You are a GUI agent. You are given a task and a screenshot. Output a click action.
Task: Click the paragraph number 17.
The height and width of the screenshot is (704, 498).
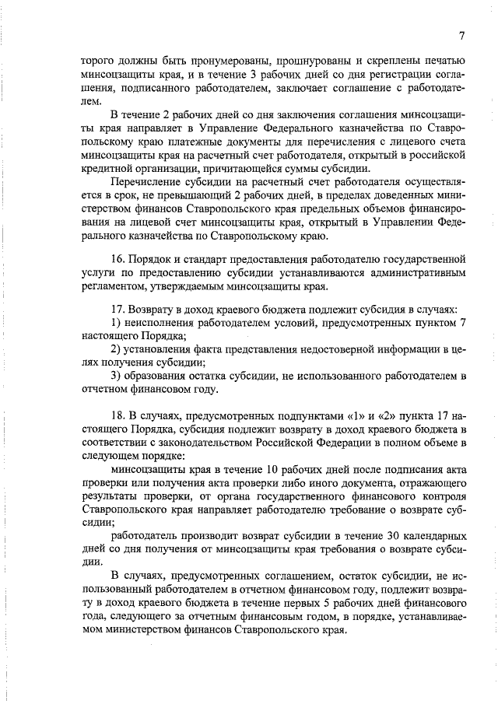(x=118, y=310)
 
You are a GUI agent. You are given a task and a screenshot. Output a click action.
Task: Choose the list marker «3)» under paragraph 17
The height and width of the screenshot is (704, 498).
(x=117, y=377)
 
